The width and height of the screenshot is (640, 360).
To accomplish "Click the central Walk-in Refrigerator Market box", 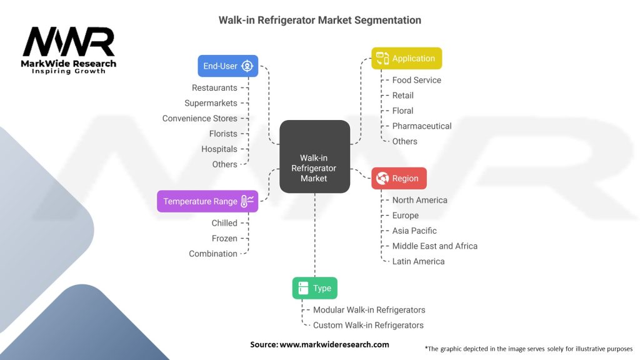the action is tap(315, 156).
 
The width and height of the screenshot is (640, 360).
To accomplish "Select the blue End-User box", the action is tap(227, 66).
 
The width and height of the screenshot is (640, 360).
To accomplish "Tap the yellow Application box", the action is tap(406, 58).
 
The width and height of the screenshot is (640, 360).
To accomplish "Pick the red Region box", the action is tap(399, 178).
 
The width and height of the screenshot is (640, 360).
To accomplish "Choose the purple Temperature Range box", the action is tap(207, 201).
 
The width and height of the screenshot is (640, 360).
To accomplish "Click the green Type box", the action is tap(315, 288).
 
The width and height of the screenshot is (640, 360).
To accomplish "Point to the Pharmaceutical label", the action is tap(422, 126).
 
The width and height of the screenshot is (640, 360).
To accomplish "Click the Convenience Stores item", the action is tap(199, 118).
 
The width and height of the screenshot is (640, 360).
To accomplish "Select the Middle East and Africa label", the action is tap(435, 246).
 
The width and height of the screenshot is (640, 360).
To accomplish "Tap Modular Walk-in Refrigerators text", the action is tap(369, 310).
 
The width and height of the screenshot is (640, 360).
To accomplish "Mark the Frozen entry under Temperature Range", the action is tap(224, 238).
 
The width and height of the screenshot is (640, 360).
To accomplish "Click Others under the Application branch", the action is tap(404, 141).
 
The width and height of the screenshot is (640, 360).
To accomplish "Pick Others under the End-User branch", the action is tap(224, 164).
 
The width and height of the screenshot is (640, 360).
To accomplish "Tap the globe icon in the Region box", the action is tap(382, 178).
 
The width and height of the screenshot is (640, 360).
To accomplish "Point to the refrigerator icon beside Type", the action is tap(303, 288).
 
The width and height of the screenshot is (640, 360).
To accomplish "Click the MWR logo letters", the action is tap(69, 42).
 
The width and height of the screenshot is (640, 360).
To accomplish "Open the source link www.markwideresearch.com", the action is tap(334, 344).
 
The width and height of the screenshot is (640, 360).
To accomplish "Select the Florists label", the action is tap(223, 134).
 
